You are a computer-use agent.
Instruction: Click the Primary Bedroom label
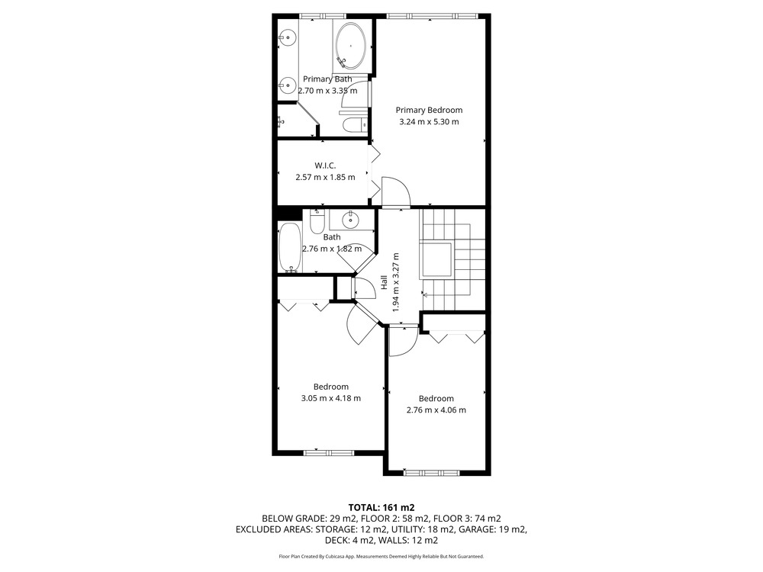(x=429, y=111)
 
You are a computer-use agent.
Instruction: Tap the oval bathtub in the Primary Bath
(x=350, y=46)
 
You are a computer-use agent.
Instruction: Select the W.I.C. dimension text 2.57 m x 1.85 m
(x=325, y=177)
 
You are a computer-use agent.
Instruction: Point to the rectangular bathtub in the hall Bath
(x=291, y=247)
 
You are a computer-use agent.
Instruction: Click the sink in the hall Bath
(x=350, y=220)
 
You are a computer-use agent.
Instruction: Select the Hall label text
(x=384, y=283)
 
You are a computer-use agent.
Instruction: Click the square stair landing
(x=436, y=259)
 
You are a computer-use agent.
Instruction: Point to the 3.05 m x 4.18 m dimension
(x=331, y=398)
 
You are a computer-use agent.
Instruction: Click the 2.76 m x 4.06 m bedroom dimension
(x=436, y=410)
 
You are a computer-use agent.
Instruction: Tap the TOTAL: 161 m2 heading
(x=381, y=508)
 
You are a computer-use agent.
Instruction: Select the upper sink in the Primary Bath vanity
(x=288, y=37)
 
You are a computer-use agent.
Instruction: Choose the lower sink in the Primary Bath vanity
(x=288, y=86)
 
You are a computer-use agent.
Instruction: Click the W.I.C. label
(x=325, y=165)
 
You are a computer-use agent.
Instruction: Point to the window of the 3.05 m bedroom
(x=329, y=453)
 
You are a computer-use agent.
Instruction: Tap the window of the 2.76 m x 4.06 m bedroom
(x=431, y=472)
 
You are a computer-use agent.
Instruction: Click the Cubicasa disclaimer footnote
(x=381, y=557)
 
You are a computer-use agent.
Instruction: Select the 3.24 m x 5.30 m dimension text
(x=429, y=122)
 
